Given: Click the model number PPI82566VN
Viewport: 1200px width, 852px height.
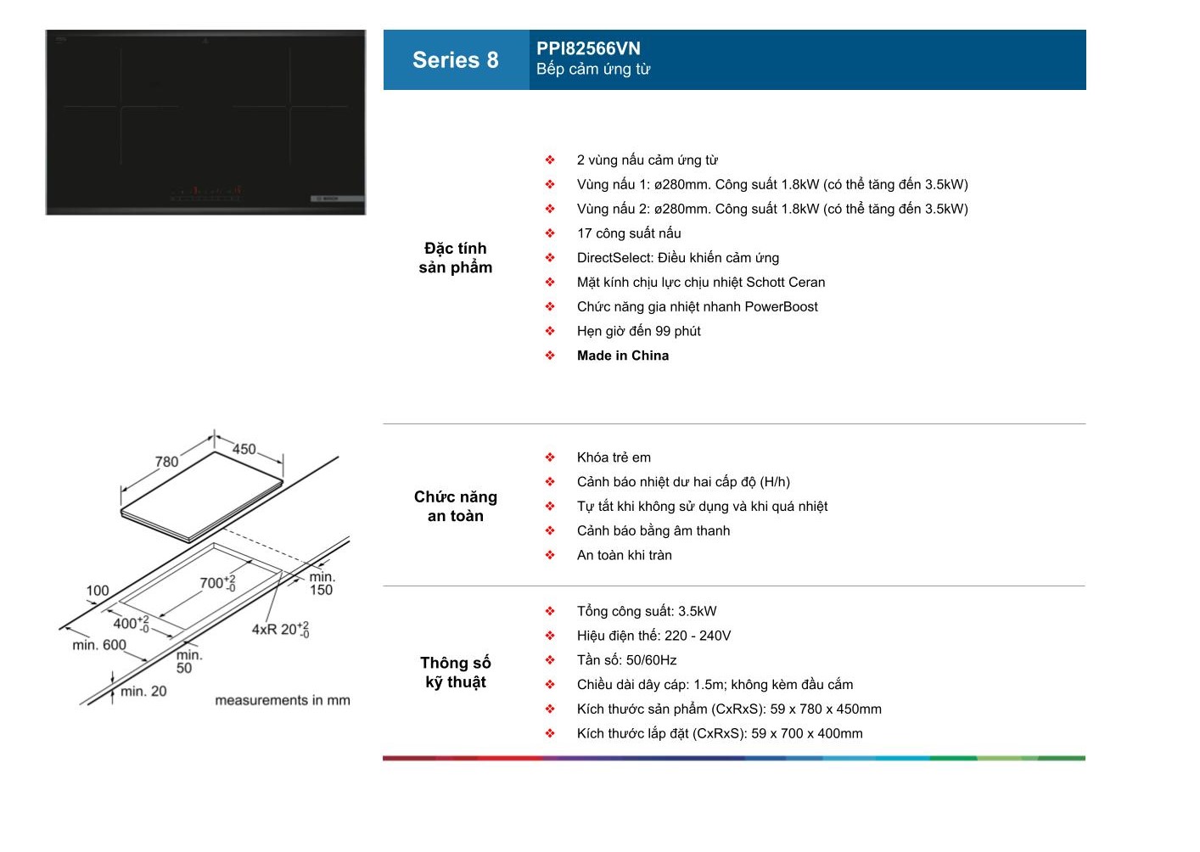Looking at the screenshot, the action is (588, 48).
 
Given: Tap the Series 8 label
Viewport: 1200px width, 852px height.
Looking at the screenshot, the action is (456, 60).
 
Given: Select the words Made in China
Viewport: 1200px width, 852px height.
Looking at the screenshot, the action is (623, 356).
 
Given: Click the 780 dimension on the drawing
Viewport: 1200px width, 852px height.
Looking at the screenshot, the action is (166, 462).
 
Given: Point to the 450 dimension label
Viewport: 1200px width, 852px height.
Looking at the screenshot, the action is (244, 449).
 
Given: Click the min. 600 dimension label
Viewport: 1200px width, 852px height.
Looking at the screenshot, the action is (99, 645).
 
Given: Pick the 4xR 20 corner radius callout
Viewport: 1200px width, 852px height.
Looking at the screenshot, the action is (280, 629).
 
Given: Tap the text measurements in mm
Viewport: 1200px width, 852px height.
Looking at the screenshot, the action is (283, 700).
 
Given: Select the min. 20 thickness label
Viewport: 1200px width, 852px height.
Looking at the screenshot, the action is (143, 692).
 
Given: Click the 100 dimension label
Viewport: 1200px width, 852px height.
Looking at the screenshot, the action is (98, 591).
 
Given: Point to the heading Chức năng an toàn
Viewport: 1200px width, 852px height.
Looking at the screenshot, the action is (456, 507).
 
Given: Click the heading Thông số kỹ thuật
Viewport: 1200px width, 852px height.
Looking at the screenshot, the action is (456, 672).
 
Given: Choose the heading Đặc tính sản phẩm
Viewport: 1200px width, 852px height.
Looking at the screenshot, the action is (456, 258).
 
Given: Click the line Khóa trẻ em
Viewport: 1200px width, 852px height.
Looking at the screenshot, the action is (614, 457).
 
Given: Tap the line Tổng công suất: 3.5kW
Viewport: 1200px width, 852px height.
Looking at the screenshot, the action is (647, 611).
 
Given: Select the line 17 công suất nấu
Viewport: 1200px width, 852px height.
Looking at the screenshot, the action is (629, 233).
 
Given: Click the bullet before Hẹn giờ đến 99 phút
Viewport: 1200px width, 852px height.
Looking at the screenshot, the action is (550, 331).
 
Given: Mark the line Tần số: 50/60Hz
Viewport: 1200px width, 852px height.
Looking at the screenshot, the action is (627, 660).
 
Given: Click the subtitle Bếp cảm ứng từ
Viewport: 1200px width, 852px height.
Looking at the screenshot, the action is (593, 69).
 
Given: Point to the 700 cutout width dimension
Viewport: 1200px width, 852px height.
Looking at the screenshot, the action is (217, 582).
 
